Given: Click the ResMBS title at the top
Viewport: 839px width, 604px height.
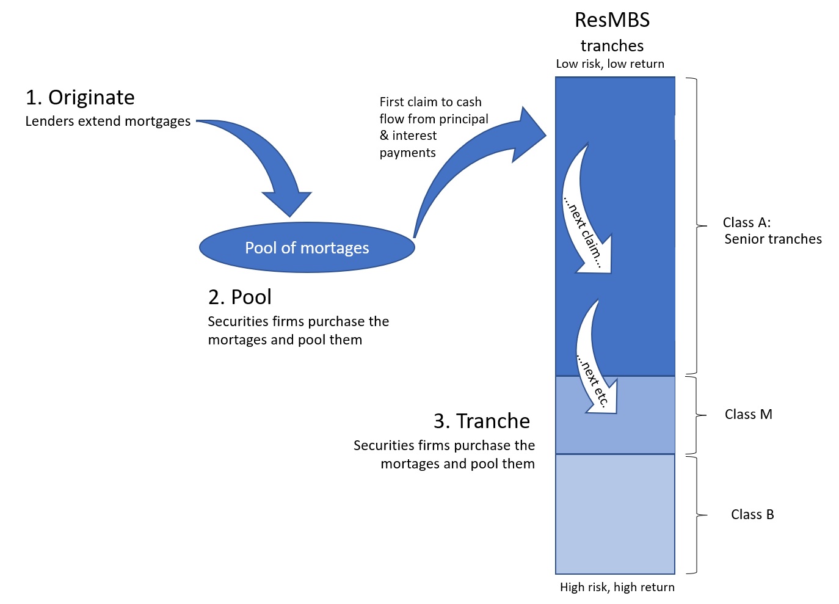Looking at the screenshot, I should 612,20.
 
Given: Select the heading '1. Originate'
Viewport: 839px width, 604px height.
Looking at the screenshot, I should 80,98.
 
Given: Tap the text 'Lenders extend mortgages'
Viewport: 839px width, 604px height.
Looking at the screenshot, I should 107,122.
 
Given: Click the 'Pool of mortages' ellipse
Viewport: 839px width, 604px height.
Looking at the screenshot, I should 307,247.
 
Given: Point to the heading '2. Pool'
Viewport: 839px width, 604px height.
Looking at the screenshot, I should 239,297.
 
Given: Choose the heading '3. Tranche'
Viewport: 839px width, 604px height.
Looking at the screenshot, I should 481,421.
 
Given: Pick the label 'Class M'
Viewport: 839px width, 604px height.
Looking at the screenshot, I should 748,415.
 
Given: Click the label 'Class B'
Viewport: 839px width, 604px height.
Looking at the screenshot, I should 752,515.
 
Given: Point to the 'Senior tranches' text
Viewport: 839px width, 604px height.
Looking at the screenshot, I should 772,239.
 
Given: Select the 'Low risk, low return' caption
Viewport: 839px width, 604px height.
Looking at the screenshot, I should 609,64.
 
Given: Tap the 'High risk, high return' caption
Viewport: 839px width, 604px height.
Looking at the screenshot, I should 617,588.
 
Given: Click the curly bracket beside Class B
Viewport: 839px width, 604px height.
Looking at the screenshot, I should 697,515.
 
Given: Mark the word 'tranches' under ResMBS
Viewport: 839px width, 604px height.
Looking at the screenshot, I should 612,46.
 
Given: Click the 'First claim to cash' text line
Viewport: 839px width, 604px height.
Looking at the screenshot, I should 430,102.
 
